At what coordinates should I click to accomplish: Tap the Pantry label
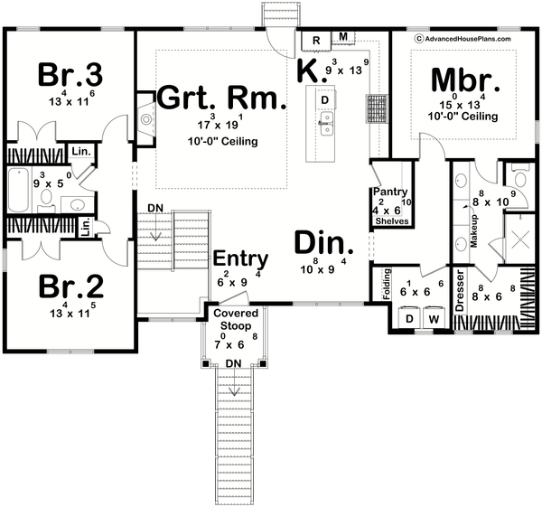coord(394,192)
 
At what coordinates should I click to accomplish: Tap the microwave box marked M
coord(344,38)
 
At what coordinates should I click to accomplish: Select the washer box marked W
coord(433,319)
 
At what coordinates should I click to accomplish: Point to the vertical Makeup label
coord(472,230)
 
